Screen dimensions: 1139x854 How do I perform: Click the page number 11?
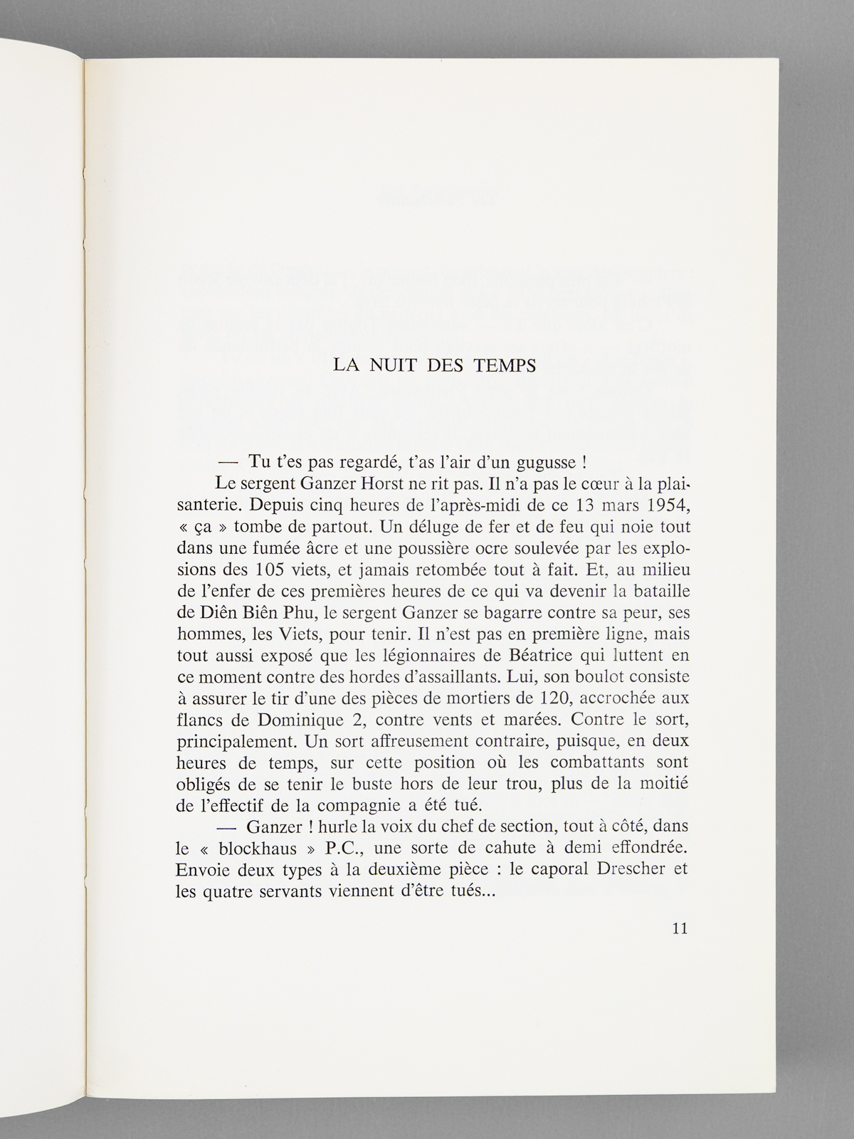coord(679,928)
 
